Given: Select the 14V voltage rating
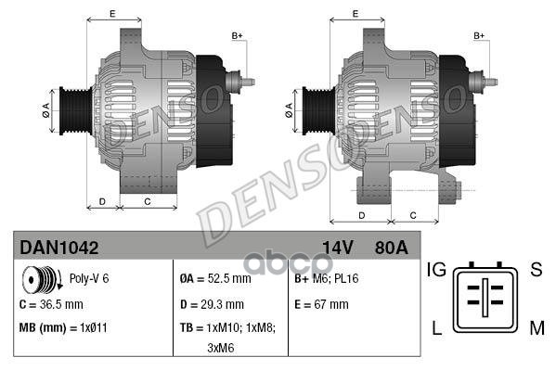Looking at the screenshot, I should point(338,248).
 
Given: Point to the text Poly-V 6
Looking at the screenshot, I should point(89,278).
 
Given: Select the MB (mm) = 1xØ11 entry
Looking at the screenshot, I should point(64,327).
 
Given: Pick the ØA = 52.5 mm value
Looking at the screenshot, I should point(215,278).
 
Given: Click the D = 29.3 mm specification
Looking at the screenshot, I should point(212,303).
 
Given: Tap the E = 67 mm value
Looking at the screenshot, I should point(321,303).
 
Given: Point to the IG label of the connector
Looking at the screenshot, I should point(437,270).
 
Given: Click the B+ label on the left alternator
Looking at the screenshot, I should point(237,35).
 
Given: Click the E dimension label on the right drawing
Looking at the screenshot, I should point(356,13).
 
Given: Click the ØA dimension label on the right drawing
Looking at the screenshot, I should point(290,108).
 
